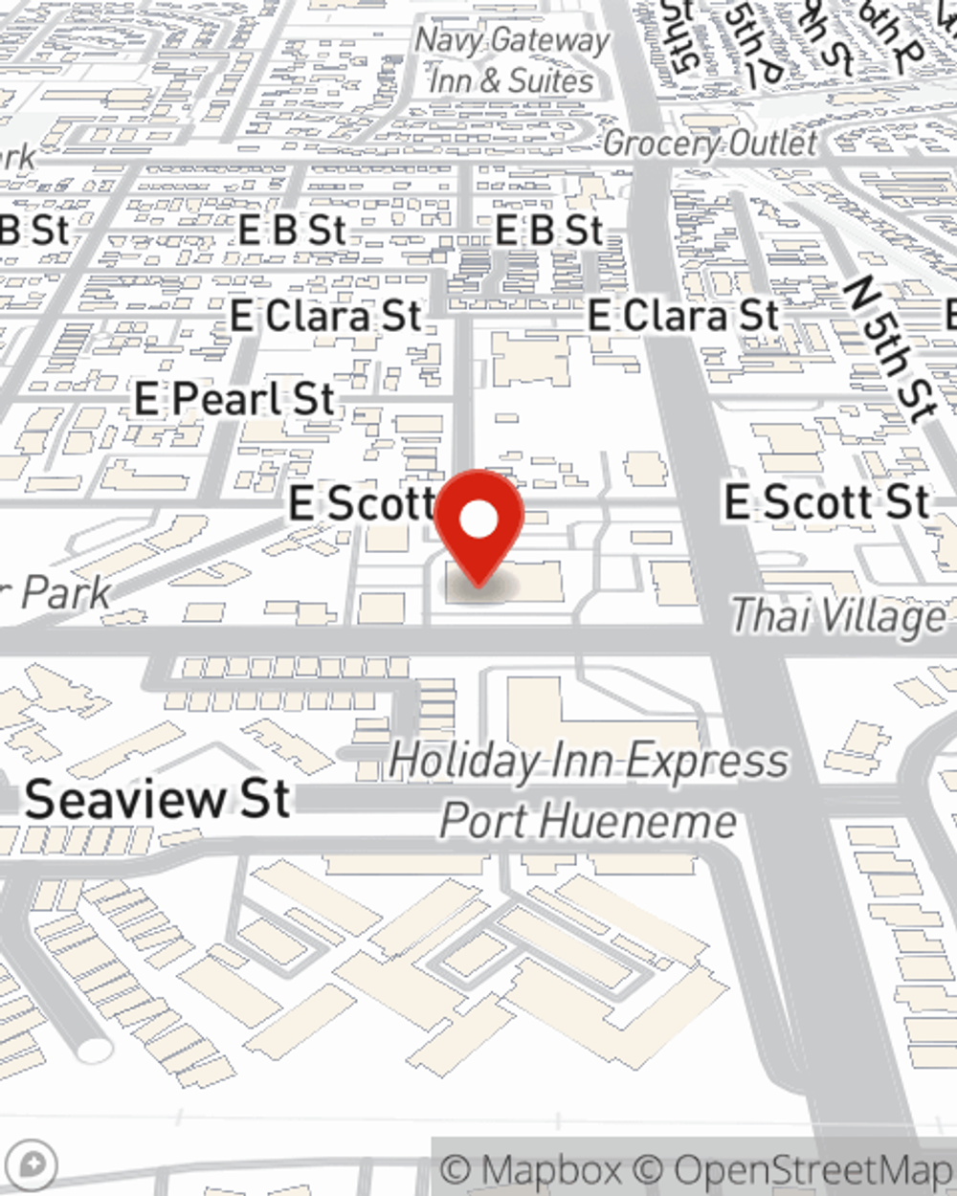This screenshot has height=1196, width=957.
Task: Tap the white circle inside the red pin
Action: point(478,520)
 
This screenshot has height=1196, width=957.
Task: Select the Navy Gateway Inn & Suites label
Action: point(512,60)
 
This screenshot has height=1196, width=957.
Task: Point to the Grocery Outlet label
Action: point(710,144)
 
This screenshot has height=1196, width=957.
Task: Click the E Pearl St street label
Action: point(234,399)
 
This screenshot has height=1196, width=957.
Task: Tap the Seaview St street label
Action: point(158,799)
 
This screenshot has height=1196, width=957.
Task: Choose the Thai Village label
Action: point(838,615)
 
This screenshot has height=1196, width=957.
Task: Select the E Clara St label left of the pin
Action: point(325,316)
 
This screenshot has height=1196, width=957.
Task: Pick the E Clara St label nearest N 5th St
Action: point(683,315)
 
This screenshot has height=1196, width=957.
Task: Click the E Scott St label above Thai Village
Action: point(827,501)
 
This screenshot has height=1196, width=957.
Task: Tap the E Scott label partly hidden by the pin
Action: point(362,503)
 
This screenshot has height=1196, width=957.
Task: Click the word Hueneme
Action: point(660,821)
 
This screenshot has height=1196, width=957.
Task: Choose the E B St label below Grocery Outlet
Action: point(549,230)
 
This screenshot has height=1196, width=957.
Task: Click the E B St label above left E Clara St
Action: point(291,230)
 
